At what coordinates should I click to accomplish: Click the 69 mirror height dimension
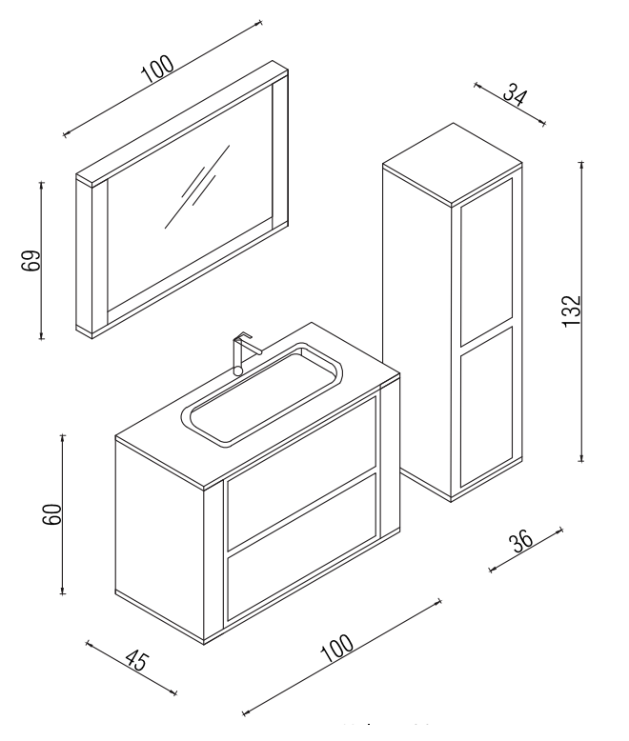tap(31, 260)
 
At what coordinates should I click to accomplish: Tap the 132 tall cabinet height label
tap(571, 310)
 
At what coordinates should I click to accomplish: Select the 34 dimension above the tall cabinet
tap(514, 94)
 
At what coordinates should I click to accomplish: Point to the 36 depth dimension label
tap(520, 543)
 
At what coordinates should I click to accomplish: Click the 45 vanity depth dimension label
tap(137, 661)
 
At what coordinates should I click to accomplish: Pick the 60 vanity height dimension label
tap(52, 514)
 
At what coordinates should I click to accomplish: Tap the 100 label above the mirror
tap(157, 69)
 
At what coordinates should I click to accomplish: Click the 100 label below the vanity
tap(336, 648)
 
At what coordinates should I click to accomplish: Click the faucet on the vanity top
tap(244, 352)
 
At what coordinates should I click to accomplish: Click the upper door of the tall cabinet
tap(487, 262)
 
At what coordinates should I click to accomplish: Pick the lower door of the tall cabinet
tap(487, 407)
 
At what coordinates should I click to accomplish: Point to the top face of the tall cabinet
tap(453, 164)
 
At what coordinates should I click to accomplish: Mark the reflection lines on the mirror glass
tap(197, 186)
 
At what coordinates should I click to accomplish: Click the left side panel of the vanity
tap(159, 539)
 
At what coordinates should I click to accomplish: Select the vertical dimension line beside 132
tap(581, 311)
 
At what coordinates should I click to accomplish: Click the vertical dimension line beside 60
tap(63, 514)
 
